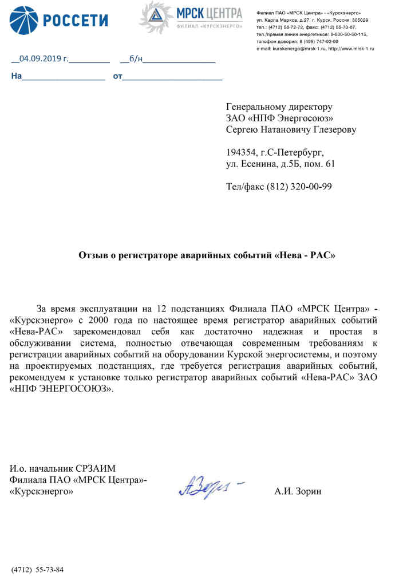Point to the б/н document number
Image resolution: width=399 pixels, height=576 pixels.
click(x=136, y=58)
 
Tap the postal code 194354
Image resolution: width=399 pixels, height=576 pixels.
click(x=243, y=152)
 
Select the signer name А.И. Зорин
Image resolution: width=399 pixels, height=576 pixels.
click(x=298, y=491)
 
